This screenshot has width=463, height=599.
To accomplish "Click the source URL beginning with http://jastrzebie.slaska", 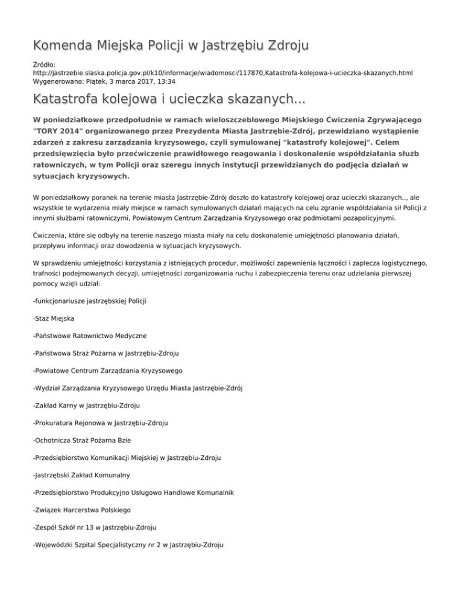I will [x=223, y=72].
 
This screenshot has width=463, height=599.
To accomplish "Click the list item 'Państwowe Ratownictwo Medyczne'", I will [x=90, y=335].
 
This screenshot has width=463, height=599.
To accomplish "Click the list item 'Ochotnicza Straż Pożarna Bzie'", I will [x=84, y=440].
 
